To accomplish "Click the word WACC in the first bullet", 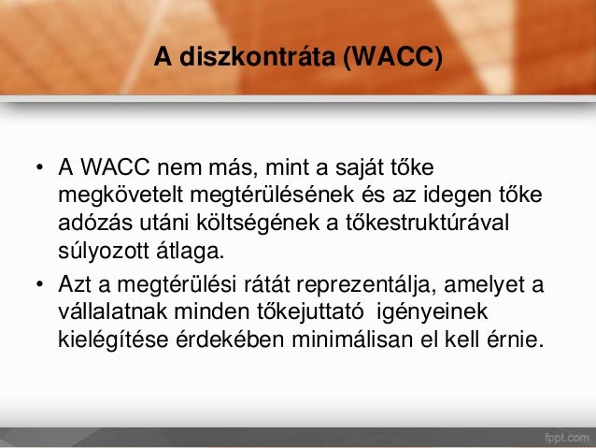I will (x=109, y=170).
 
